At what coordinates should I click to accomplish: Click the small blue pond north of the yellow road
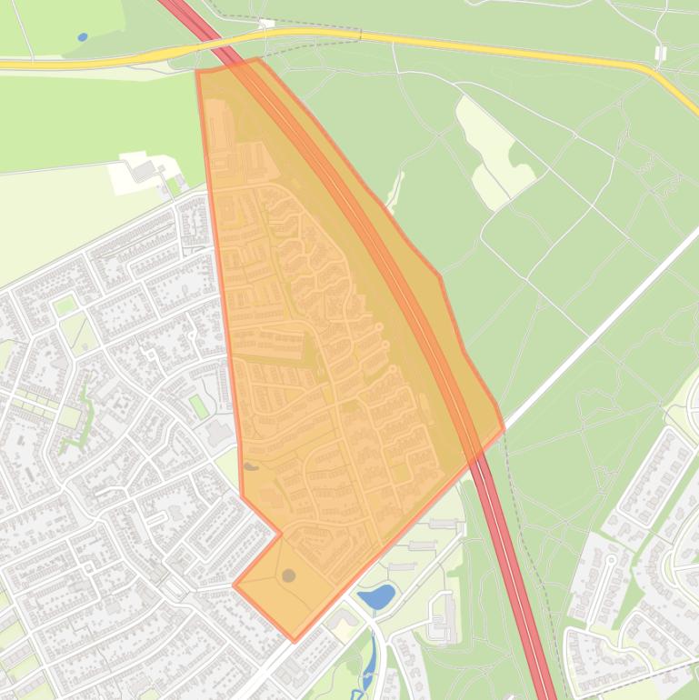pyautogui.click(x=83, y=37)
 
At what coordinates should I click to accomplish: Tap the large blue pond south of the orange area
pyautogui.click(x=376, y=596)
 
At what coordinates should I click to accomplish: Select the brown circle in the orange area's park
pyautogui.click(x=288, y=575)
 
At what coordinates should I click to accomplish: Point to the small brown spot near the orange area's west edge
pyautogui.click(x=251, y=466)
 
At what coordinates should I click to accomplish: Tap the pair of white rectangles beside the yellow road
pyautogui.click(x=660, y=53)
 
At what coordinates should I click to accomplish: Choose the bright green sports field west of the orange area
pyautogui.click(x=198, y=405)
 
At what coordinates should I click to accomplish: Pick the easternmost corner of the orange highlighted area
pyautogui.click(x=504, y=426)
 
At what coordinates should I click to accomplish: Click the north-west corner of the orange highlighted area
pyautogui.click(x=197, y=71)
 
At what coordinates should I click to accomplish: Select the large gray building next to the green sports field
pyautogui.click(x=219, y=434)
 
